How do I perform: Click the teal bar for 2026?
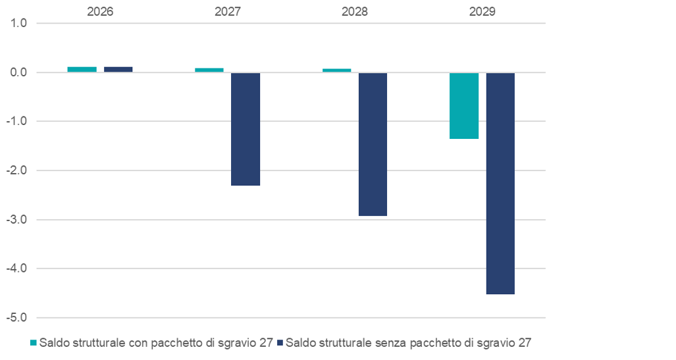click(x=82, y=69)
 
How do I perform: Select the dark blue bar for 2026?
click(x=118, y=69)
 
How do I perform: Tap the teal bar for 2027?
click(x=209, y=70)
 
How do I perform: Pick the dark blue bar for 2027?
click(x=246, y=129)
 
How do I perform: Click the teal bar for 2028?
click(x=336, y=70)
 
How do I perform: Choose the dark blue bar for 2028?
click(x=373, y=144)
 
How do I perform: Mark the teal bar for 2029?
click(x=464, y=105)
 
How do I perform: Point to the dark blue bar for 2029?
click(x=500, y=183)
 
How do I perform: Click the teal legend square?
click(x=34, y=343)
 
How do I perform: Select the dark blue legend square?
click(x=280, y=343)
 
